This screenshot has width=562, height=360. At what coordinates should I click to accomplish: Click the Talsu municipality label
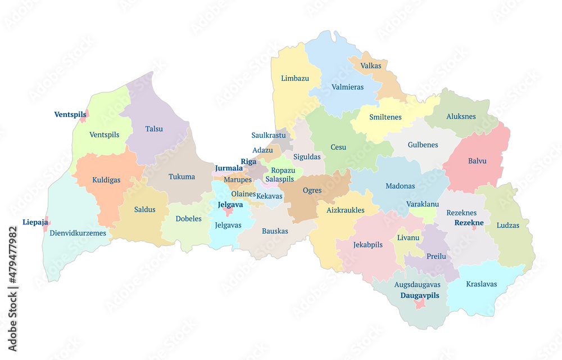[x=154, y=129]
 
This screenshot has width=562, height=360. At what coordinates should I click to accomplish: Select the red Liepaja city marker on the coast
[x=47, y=223]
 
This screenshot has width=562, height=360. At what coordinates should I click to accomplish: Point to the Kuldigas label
[x=106, y=181]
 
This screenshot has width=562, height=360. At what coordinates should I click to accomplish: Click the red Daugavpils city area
[x=419, y=304]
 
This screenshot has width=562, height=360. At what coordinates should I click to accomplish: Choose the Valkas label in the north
[x=371, y=66]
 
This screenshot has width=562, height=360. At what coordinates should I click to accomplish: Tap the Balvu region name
[x=477, y=161]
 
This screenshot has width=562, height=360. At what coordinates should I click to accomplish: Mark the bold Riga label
[x=248, y=161]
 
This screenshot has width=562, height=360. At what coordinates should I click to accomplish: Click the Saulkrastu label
[x=268, y=136]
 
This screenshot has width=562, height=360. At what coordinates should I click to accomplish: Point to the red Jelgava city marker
[x=228, y=211]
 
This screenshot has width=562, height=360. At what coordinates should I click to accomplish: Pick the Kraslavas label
[x=482, y=284]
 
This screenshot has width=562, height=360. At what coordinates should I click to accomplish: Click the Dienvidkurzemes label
[x=78, y=233]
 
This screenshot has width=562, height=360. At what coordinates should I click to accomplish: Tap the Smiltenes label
[x=386, y=117]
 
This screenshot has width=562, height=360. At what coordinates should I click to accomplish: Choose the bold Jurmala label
[x=229, y=168]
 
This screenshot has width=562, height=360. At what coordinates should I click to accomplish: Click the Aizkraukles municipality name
[x=345, y=210]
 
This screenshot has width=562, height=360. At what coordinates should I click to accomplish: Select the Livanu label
[x=408, y=238]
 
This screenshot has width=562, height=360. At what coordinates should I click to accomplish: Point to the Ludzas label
[x=508, y=226]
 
